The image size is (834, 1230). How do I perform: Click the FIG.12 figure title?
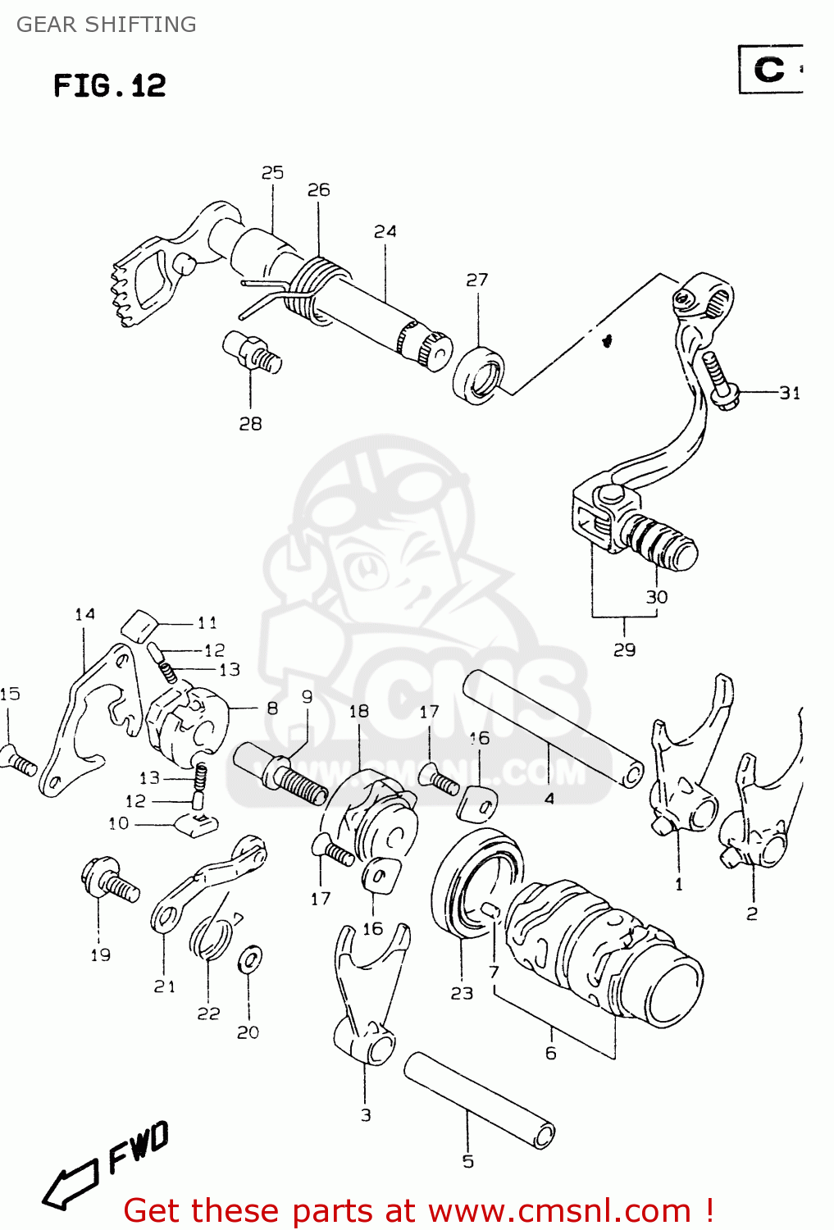pos(110,86)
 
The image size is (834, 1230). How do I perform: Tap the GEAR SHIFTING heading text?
pos(107,25)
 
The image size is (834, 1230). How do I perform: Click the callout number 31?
pos(789,394)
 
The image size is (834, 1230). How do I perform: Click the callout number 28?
pos(250,424)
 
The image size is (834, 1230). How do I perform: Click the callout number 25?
pos(272,173)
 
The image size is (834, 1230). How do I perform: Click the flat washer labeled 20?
pos(249,959)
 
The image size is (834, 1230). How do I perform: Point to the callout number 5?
pos(467,1161)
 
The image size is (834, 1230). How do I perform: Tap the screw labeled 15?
pos(18,760)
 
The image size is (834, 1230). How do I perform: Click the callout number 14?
pos(84,615)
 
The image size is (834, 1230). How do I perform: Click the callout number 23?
pos(462,993)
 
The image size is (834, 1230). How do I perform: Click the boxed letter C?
pos(769,69)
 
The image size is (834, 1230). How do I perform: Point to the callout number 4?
pos(549,798)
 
